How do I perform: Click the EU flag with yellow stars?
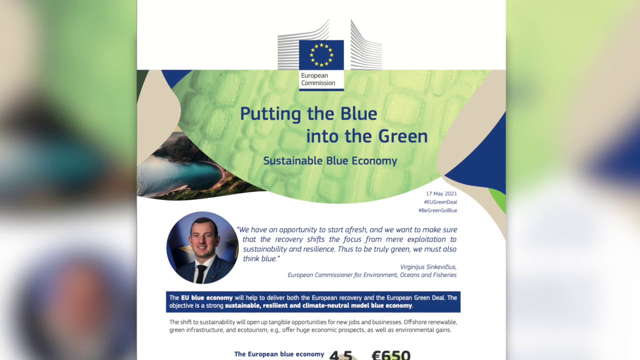(321, 54)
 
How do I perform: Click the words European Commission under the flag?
(318, 79)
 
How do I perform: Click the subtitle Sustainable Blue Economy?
(330, 161)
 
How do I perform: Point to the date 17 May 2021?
(441, 193)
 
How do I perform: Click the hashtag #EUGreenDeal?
(440, 202)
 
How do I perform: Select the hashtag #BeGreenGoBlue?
(437, 210)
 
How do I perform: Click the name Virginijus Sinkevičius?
(428, 267)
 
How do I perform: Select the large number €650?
(391, 355)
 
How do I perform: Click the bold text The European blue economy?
(279, 354)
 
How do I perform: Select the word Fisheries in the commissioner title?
(444, 275)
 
